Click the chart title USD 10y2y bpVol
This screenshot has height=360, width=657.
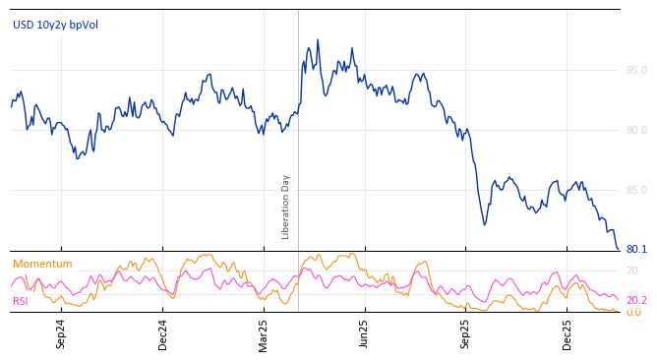pyautogui.click(x=55, y=25)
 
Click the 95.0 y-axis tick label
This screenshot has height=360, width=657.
pyautogui.click(x=636, y=70)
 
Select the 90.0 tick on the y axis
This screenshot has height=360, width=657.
pyautogui.click(x=636, y=130)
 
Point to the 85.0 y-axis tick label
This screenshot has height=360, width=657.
pyautogui.click(x=636, y=190)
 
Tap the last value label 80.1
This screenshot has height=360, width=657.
pyautogui.click(x=636, y=249)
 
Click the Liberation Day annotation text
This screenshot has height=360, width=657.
pyautogui.click(x=286, y=207)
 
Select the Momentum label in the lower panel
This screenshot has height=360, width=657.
pyautogui.click(x=42, y=264)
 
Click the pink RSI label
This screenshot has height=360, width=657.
pyautogui.click(x=20, y=301)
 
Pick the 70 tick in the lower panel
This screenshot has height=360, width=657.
pyautogui.click(x=631, y=270)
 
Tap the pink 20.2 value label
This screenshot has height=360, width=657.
pyautogui.click(x=636, y=300)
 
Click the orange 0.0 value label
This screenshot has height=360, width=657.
pyautogui.click(x=633, y=312)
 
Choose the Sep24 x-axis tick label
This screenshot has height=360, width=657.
pyautogui.click(x=61, y=333)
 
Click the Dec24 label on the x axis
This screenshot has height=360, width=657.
pyautogui.click(x=163, y=333)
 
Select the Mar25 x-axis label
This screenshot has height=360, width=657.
pyautogui.click(x=264, y=333)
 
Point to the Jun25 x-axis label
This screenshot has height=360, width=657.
pyautogui.click(x=364, y=333)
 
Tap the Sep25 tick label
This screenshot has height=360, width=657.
pyautogui.click(x=465, y=333)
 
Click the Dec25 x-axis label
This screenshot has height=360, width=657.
pyautogui.click(x=567, y=333)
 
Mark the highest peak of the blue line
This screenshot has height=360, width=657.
pyautogui.click(x=318, y=40)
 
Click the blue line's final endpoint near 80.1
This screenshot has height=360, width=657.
pyautogui.click(x=619, y=249)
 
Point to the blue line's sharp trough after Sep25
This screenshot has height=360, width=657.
pyautogui.click(x=485, y=224)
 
